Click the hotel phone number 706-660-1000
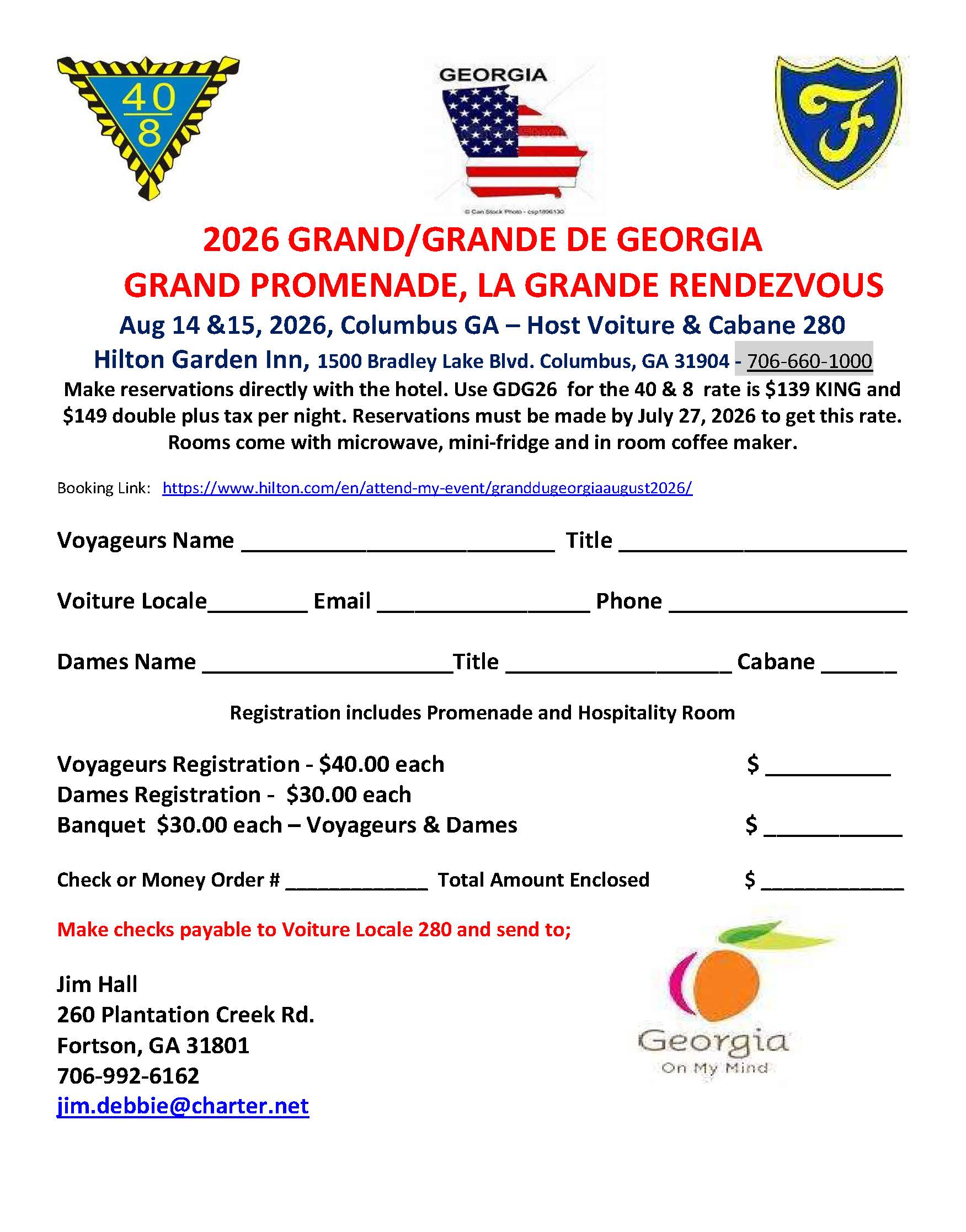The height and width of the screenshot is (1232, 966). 809,361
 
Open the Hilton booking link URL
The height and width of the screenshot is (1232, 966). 427,488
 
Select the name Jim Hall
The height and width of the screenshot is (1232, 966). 97,985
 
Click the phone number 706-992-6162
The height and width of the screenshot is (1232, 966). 129,1075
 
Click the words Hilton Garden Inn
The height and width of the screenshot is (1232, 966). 201,359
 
